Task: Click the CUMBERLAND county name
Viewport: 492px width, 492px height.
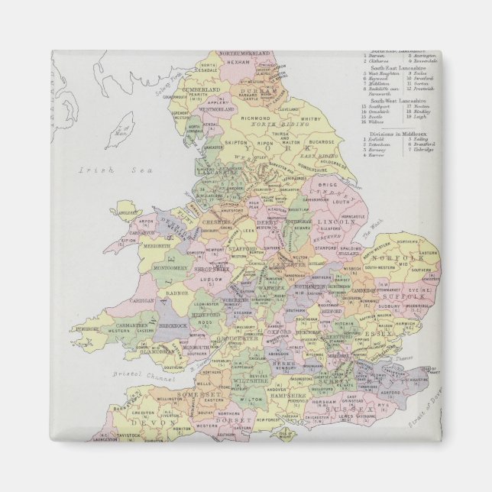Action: (x=201, y=89)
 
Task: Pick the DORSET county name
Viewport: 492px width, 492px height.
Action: (x=233, y=419)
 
